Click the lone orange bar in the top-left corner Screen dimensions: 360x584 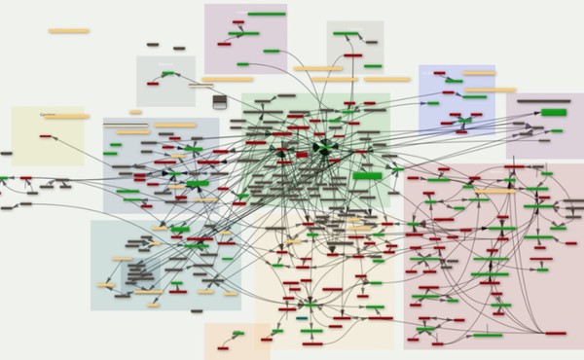point(69,31)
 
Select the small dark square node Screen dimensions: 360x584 point(220,101)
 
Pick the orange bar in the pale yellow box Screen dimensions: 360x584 point(66,117)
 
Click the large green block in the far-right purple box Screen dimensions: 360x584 point(554,112)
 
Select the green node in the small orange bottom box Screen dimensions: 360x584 point(237,334)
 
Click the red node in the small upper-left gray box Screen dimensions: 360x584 point(157,85)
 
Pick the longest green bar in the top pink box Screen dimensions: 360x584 point(266,14)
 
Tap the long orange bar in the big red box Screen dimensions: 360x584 point(497,191)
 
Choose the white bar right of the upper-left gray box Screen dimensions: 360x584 point(201,85)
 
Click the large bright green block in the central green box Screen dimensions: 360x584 point(366,176)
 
